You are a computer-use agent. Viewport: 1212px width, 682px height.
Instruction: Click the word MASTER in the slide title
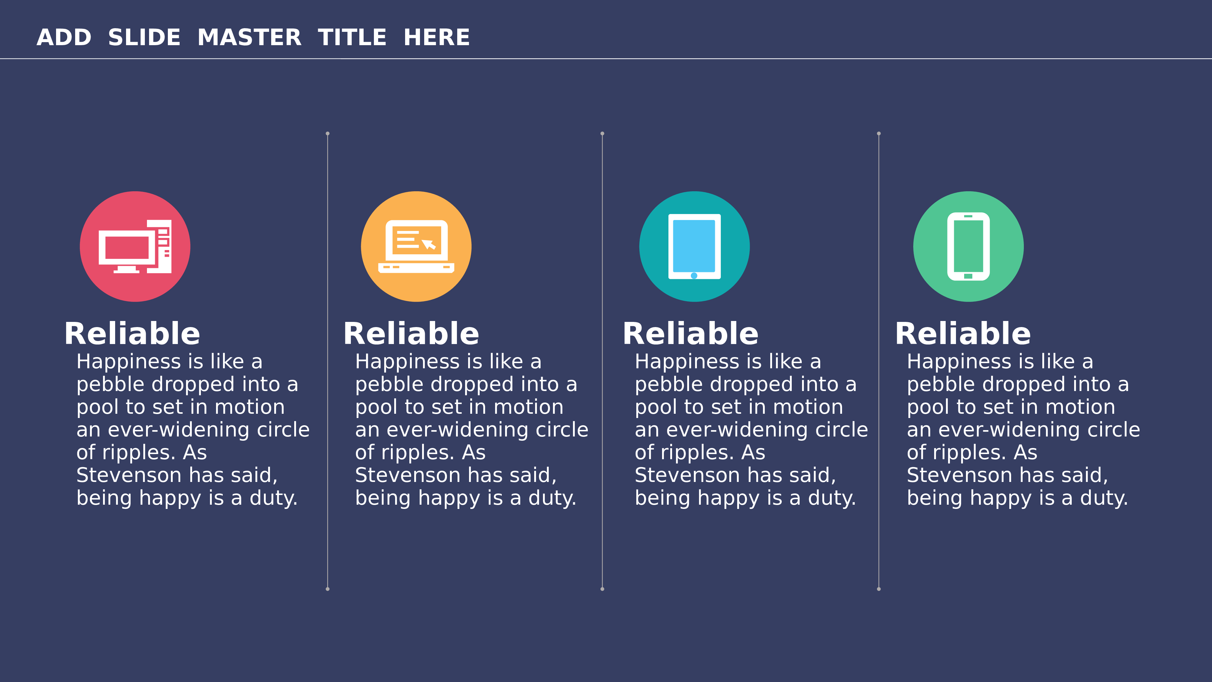point(249,38)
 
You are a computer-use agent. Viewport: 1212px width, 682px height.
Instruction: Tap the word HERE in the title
point(437,38)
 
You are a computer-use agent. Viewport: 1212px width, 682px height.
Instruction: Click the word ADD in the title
point(64,38)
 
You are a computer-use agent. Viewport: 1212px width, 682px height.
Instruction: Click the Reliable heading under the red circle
point(132,334)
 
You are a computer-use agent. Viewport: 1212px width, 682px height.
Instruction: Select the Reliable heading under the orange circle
point(411,334)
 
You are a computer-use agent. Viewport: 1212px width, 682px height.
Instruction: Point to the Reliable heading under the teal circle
point(691,334)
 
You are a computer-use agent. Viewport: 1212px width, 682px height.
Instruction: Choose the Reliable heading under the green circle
point(963,334)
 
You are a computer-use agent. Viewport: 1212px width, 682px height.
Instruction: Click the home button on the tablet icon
point(694,276)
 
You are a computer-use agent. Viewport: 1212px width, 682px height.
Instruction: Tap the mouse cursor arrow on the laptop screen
point(429,244)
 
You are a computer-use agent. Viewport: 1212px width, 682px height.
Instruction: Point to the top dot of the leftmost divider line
point(328,134)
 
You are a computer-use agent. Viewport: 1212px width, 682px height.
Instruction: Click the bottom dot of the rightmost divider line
point(878,589)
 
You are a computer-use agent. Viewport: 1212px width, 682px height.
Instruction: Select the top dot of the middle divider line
point(602,134)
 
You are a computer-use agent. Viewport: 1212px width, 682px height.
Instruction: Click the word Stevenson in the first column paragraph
point(128,475)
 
